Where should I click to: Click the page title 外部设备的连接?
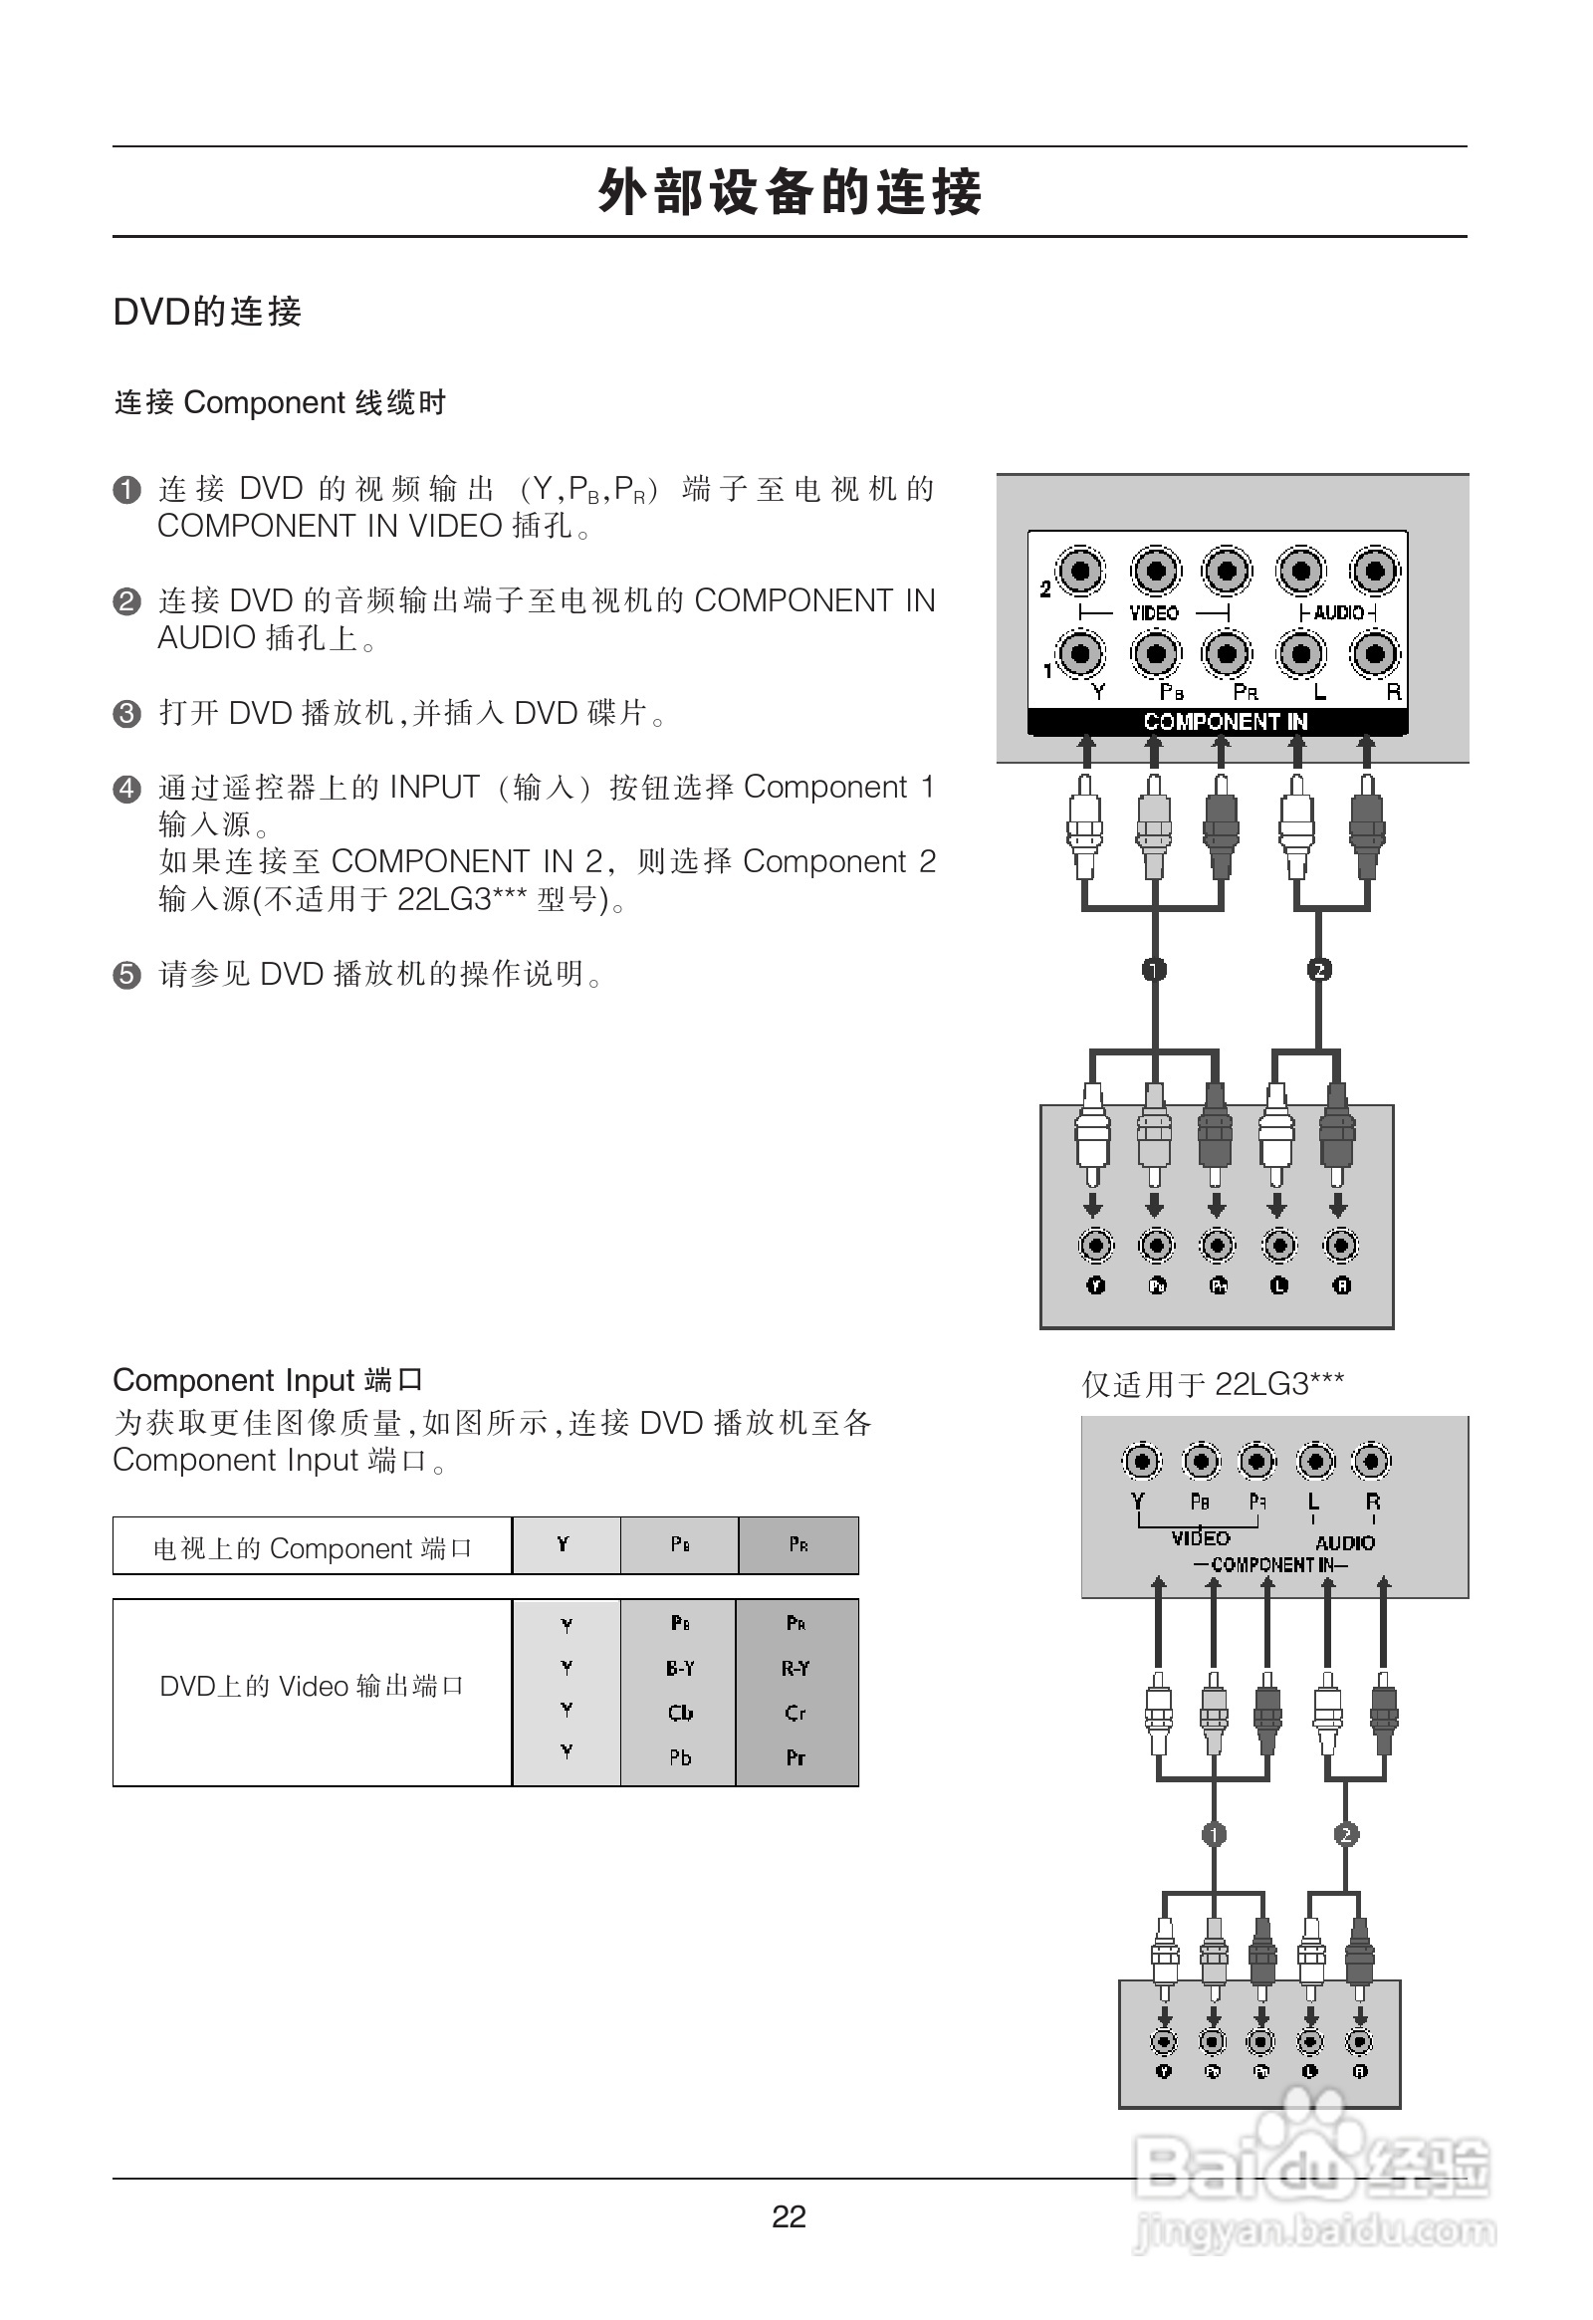[x=790, y=191]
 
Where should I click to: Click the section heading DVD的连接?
[x=207, y=312]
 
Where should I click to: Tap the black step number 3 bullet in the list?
[x=126, y=714]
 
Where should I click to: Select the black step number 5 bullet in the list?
[x=126, y=975]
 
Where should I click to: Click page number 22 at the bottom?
[x=789, y=2216]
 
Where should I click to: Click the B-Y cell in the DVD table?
[x=680, y=1668]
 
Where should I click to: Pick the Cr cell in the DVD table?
[x=796, y=1713]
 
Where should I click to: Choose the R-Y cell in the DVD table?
[x=796, y=1668]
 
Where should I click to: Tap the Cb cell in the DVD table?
[x=680, y=1713]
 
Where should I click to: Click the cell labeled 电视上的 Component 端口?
[x=312, y=1547]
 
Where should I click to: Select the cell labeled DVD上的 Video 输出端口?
[x=312, y=1686]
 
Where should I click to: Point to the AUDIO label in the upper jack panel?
[x=1337, y=612]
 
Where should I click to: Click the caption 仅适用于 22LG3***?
[x=1213, y=1384]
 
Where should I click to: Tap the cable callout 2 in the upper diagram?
[x=1318, y=970]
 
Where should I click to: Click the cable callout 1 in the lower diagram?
[x=1213, y=1834]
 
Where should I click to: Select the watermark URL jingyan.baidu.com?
[x=1315, y=2231]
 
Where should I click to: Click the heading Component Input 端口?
[x=268, y=1380]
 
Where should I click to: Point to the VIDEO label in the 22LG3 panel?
[x=1200, y=1538]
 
